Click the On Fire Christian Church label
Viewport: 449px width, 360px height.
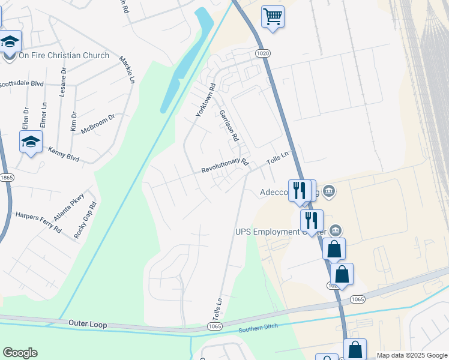coord(64,56)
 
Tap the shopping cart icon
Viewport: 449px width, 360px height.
coord(273,16)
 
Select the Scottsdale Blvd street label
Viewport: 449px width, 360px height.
coord(22,84)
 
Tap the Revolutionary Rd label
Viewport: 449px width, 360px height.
coord(224,166)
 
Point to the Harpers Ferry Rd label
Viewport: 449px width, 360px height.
coord(38,221)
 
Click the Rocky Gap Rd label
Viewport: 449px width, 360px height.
coord(85,220)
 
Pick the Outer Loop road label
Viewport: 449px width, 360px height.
coord(87,324)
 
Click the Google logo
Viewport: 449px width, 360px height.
coord(20,353)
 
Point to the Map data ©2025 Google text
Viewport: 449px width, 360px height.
coord(411,355)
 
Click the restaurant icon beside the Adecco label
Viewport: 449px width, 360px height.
coord(299,190)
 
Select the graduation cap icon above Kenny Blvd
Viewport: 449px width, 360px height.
coord(31,142)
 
